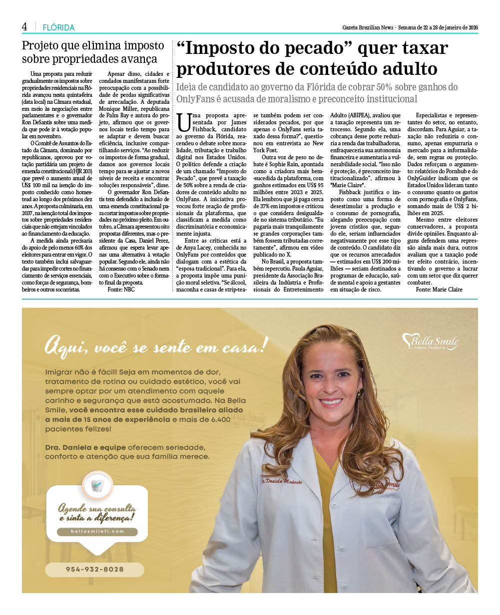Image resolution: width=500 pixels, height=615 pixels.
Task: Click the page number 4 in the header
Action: [x=24, y=27]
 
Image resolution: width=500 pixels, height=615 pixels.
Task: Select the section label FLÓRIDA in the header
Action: [x=58, y=28]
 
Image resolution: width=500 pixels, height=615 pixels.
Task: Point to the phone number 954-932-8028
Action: [x=94, y=570]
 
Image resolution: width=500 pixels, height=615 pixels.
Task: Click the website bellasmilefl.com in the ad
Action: [x=97, y=532]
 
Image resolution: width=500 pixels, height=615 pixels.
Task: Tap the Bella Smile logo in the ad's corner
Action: [x=430, y=342]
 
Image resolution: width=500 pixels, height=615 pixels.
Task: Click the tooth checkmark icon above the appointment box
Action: [x=97, y=485]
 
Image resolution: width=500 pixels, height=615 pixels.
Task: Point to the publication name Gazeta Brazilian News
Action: [x=368, y=27]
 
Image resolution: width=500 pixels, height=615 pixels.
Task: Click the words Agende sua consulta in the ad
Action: [x=97, y=509]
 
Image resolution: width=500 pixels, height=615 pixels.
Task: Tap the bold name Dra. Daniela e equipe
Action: [x=85, y=447]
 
